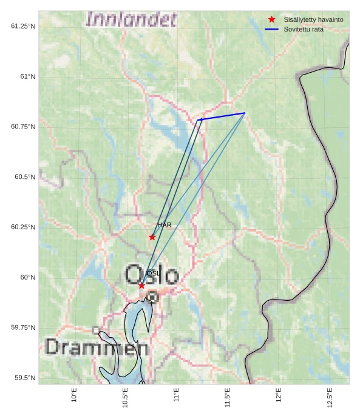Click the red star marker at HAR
pyautogui.click(x=152, y=237)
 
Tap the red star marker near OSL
pyautogui.click(x=141, y=286)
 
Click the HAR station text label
pyautogui.click(x=165, y=225)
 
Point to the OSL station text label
pyautogui.click(x=153, y=273)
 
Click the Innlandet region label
pyautogui.click(x=131, y=19)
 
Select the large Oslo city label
pyautogui.click(x=152, y=275)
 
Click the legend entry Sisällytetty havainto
pyautogui.click(x=313, y=19)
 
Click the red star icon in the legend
pyautogui.click(x=272, y=19)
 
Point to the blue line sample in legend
pyautogui.click(x=272, y=29)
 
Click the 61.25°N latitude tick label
pyautogui.click(x=23, y=26)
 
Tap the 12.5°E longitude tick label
pyautogui.click(x=330, y=398)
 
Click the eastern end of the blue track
pyautogui.click(x=245, y=113)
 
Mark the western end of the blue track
pyautogui.click(x=200, y=119)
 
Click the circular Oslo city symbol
pyautogui.click(x=152, y=297)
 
